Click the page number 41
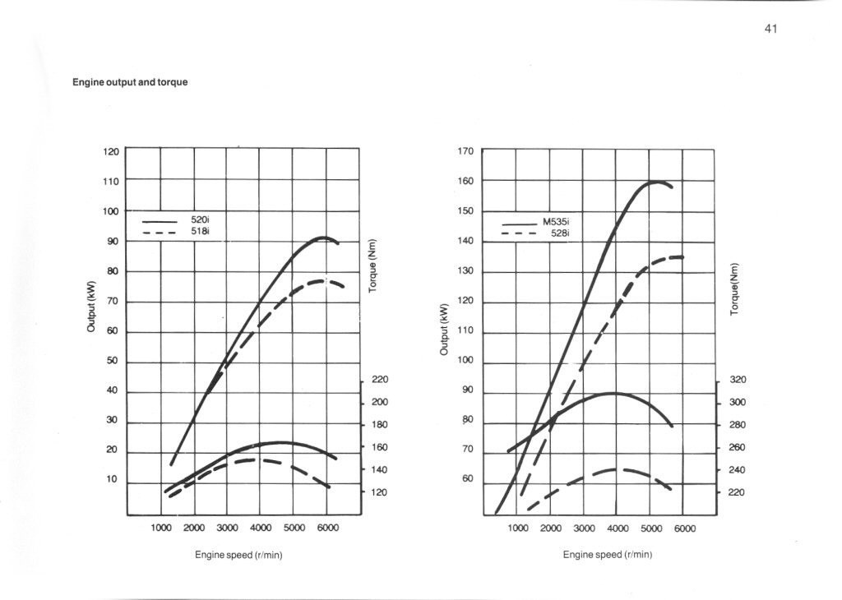[770, 29]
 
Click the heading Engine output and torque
[130, 82]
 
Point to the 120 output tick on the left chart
[111, 151]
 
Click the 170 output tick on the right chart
[466, 151]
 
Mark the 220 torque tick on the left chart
[379, 380]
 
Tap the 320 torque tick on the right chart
[737, 381]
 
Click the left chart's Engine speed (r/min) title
[238, 555]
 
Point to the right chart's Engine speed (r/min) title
[608, 555]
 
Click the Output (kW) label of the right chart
[445, 330]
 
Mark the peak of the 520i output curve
[324, 238]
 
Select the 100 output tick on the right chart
[466, 361]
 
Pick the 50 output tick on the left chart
[113, 361]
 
